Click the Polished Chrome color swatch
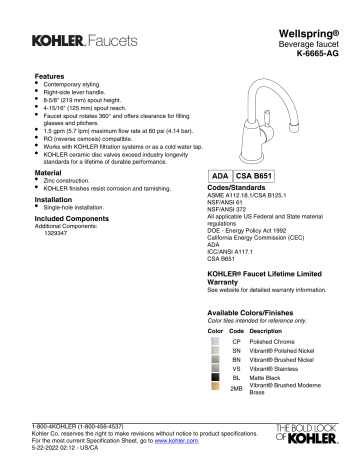pyautogui.click(x=212, y=340)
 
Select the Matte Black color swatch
pyautogui.click(x=212, y=378)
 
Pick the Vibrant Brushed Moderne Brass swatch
pyautogui.click(x=212, y=392)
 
